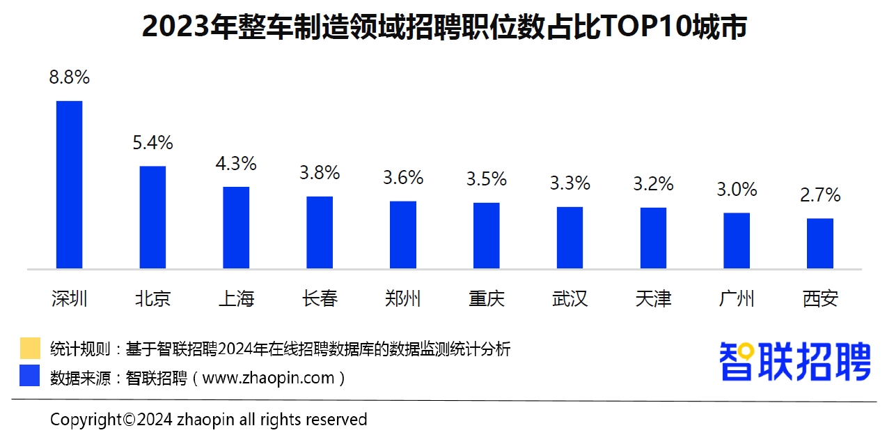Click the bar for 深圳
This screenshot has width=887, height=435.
pyautogui.click(x=69, y=185)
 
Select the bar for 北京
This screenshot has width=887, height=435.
pyautogui.click(x=152, y=217)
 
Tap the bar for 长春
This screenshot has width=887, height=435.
pyautogui.click(x=320, y=232)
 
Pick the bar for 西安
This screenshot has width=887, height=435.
pyautogui.click(x=820, y=243)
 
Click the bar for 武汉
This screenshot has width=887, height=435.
pyautogui.click(x=570, y=237)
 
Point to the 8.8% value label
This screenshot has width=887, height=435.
pyautogui.click(x=69, y=77)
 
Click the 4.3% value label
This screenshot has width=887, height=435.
pyautogui.click(x=236, y=164)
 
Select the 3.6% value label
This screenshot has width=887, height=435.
pyautogui.click(x=403, y=178)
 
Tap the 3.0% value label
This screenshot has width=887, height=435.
pyautogui.click(x=737, y=190)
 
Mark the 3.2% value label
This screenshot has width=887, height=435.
pyautogui.click(x=653, y=184)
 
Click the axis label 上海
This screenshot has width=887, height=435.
pyautogui.click(x=236, y=299)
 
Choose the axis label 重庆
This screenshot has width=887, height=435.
pyautogui.click(x=487, y=299)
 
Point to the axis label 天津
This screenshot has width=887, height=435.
pyautogui.click(x=653, y=299)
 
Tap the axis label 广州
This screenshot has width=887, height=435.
pyautogui.click(x=737, y=299)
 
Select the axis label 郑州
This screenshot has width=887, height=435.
pyautogui.click(x=403, y=299)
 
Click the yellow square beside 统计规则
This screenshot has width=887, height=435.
pyautogui.click(x=30, y=348)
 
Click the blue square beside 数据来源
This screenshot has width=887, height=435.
pyautogui.click(x=30, y=376)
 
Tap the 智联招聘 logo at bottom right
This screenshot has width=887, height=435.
pyautogui.click(x=794, y=361)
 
